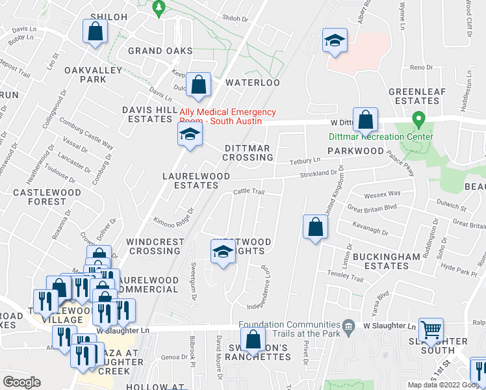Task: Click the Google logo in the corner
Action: (21, 382)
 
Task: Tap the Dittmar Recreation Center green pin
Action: (419, 121)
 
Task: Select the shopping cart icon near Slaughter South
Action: (431, 330)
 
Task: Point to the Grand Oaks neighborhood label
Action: (160, 51)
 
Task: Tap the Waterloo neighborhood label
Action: (252, 83)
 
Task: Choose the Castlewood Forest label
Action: (39, 197)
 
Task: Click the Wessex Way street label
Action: (382, 194)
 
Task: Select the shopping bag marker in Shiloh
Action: (95, 32)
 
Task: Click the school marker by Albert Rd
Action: (335, 42)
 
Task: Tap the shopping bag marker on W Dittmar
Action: (366, 120)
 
